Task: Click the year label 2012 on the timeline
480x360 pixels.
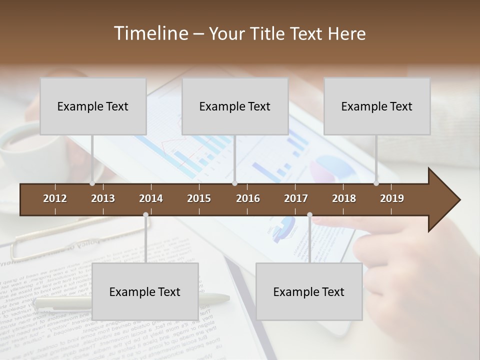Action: click(55, 198)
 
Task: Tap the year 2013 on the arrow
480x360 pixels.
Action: click(103, 198)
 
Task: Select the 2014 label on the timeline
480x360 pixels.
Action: click(151, 198)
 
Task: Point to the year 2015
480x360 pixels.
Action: click(199, 198)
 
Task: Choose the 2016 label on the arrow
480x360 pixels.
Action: click(248, 198)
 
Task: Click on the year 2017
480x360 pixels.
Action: click(296, 198)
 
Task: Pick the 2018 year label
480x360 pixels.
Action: click(344, 198)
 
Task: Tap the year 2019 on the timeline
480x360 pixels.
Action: click(392, 198)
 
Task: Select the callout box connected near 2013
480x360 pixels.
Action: click(93, 106)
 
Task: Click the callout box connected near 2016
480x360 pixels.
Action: click(235, 106)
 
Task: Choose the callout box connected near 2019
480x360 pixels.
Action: click(377, 106)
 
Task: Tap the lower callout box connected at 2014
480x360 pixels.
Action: click(145, 291)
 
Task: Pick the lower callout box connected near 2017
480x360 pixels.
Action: click(309, 291)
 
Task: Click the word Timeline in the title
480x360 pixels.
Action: click(150, 33)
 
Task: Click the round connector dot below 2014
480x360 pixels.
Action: click(145, 215)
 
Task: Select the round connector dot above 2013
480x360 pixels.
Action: click(92, 183)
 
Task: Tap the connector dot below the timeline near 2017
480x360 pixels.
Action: click(309, 215)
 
